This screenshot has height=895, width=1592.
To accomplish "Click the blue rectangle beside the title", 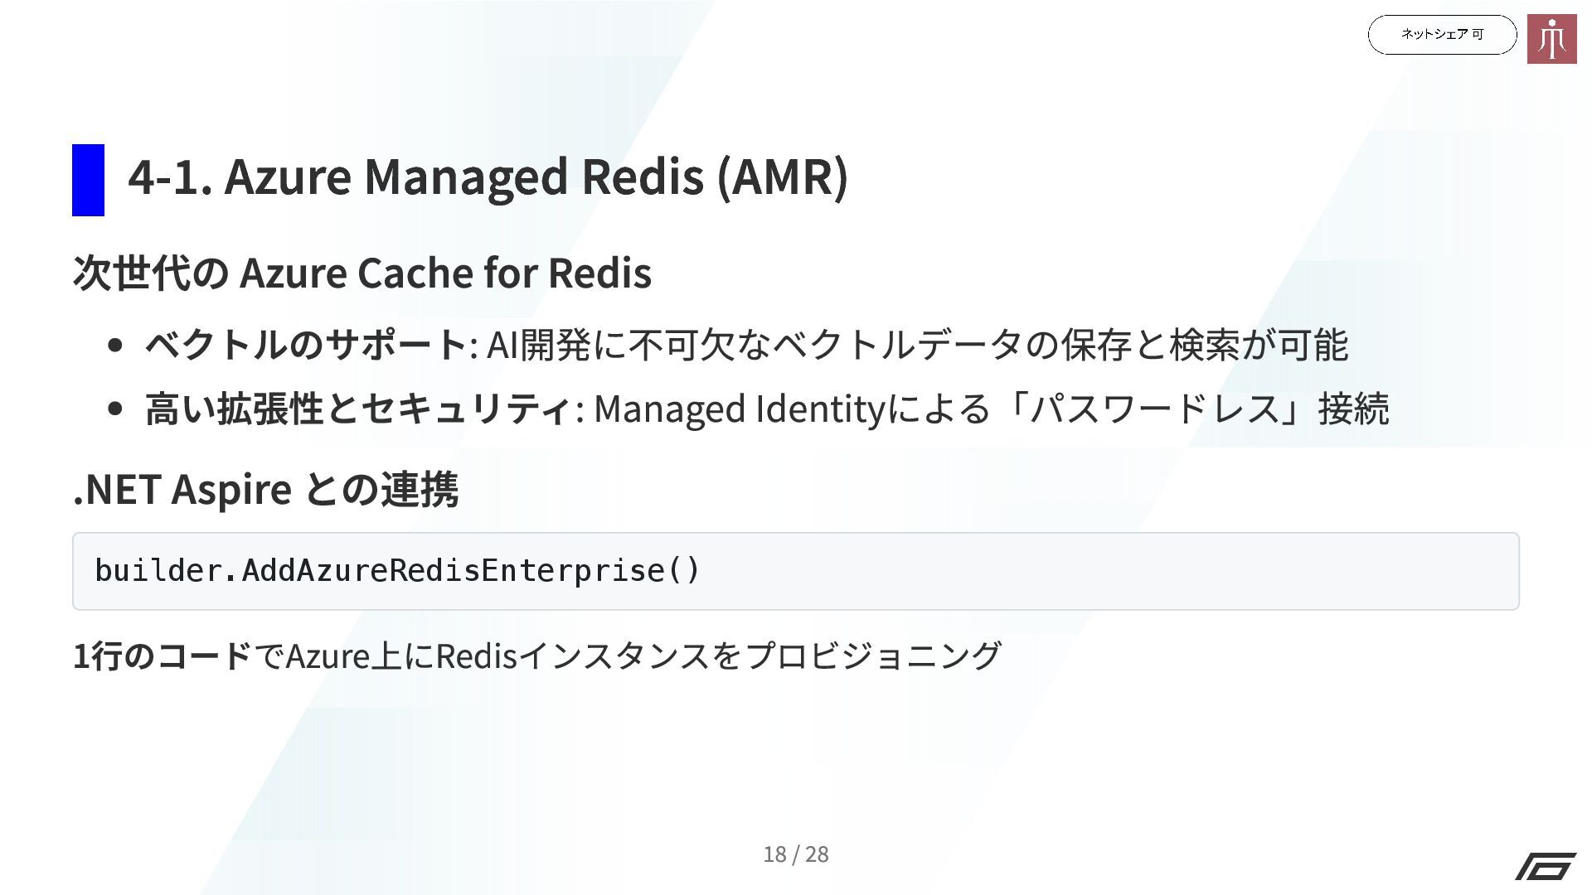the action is point(88,180).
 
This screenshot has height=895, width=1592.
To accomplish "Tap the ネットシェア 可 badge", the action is point(1441,35).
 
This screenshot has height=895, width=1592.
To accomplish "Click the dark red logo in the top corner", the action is point(1551,39).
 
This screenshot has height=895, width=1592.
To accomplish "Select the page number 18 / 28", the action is point(795,854).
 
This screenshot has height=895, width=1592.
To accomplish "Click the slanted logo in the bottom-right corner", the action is point(1546,866).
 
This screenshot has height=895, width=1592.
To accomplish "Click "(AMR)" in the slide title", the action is point(782,177).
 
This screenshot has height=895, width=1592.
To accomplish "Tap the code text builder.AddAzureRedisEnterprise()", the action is point(397,571).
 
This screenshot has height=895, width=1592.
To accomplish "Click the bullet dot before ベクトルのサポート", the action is point(116,345).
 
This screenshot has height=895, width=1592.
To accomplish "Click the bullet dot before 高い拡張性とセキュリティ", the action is point(116,409).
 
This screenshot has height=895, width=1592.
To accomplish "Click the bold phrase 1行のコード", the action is point(162,656).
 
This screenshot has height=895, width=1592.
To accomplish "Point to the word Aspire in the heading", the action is point(231,490).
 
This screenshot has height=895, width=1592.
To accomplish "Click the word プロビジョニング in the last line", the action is point(873,656).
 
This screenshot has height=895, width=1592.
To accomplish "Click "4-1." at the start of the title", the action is point(169,177).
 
